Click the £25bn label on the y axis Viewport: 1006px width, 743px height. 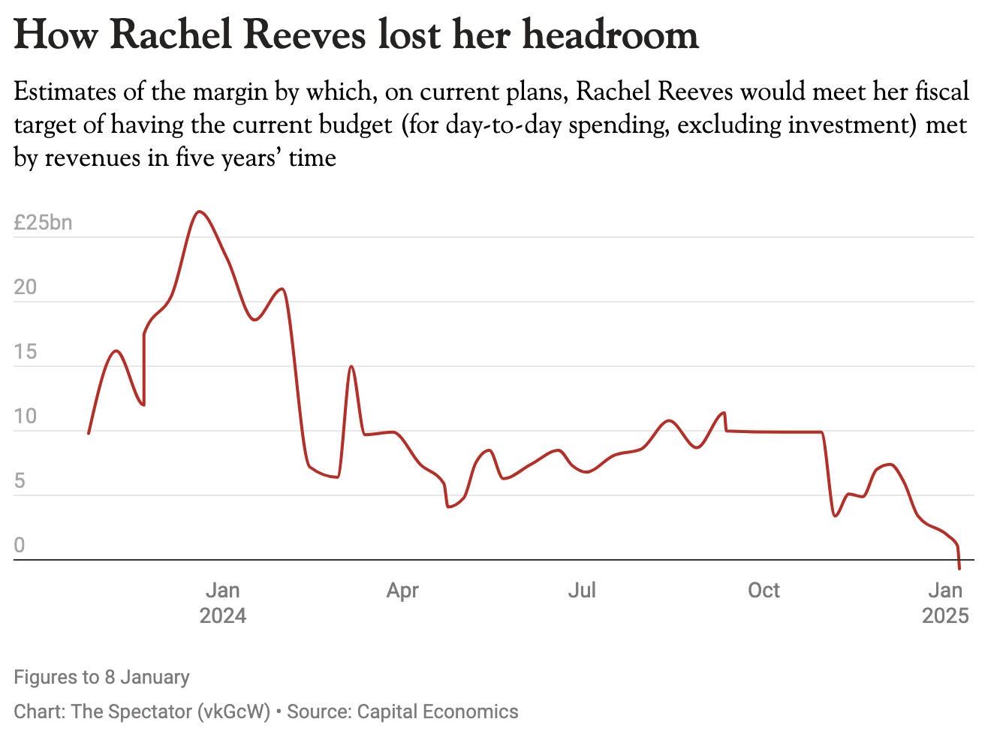pyautogui.click(x=43, y=223)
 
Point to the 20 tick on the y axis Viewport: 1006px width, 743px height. pyautogui.click(x=25, y=287)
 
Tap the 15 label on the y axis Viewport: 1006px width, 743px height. pyautogui.click(x=25, y=352)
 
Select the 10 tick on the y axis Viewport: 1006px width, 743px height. pyautogui.click(x=25, y=417)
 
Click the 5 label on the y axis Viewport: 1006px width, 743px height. pyautogui.click(x=20, y=481)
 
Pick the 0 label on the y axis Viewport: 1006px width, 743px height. pyautogui.click(x=20, y=546)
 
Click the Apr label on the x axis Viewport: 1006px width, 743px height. pyautogui.click(x=402, y=591)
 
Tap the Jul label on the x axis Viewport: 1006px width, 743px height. pyautogui.click(x=582, y=591)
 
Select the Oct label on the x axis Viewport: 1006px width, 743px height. pyautogui.click(x=764, y=591)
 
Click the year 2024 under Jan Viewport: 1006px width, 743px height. pyautogui.click(x=223, y=616)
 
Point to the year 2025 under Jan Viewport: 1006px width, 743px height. pyautogui.click(x=945, y=616)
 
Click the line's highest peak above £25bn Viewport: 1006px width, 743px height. pyautogui.click(x=199, y=212)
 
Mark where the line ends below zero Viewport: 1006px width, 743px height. pyautogui.click(x=959, y=569)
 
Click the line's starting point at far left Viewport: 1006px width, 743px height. pyautogui.click(x=89, y=433)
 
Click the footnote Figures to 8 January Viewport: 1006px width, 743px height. pyautogui.click(x=101, y=677)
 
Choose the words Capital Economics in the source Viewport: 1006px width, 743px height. pyautogui.click(x=438, y=711)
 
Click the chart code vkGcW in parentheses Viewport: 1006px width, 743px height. pyautogui.click(x=233, y=711)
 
